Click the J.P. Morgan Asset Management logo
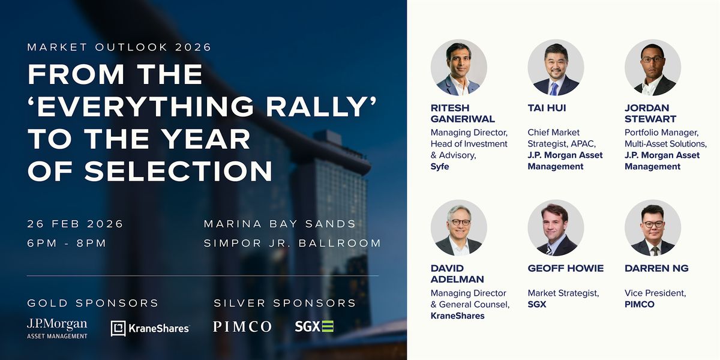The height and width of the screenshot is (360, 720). [57, 329]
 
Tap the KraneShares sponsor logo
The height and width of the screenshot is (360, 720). [150, 328]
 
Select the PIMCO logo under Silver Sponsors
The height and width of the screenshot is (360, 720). [242, 326]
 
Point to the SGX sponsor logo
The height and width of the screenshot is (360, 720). [314, 326]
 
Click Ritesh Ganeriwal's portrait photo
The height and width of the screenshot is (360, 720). [458, 67]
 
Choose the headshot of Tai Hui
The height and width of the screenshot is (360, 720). [556, 67]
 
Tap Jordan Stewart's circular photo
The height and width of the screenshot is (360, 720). [653, 67]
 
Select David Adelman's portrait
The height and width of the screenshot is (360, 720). [458, 228]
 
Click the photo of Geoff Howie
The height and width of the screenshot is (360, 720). [556, 228]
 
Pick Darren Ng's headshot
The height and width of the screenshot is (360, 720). [653, 228]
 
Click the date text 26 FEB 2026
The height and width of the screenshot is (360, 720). [75, 224]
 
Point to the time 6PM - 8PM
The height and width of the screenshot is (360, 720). [67, 243]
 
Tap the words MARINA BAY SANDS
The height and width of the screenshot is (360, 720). [280, 224]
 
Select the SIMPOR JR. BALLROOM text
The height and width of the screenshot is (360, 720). [293, 243]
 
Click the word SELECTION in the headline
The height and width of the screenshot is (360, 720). [178, 170]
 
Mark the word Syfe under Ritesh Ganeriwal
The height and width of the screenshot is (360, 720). [440, 167]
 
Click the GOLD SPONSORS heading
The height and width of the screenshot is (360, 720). [93, 303]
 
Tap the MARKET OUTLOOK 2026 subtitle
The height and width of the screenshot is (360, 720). [119, 47]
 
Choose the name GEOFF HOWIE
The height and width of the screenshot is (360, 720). [566, 268]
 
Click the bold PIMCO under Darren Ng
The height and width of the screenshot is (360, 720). [640, 304]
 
